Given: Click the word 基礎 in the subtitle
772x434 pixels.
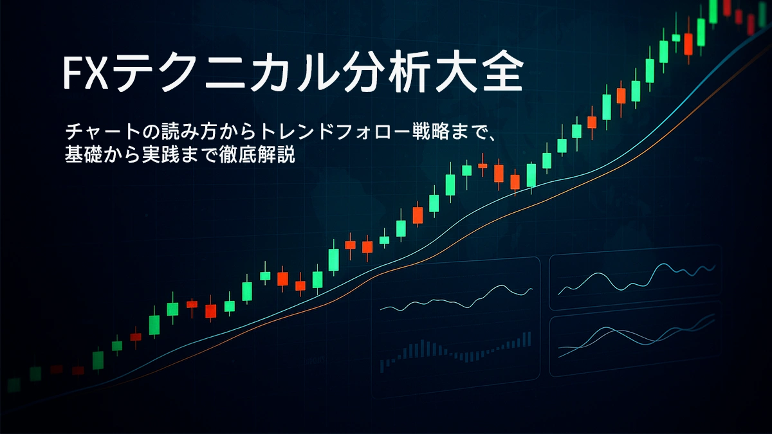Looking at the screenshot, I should [x=80, y=155].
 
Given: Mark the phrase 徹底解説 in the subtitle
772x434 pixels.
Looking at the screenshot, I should [x=263, y=155].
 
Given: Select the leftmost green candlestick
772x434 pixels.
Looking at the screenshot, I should [x=12, y=384].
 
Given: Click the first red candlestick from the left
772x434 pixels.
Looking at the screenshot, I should [x=57, y=369].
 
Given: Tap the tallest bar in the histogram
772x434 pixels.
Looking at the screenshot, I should [x=529, y=338].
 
